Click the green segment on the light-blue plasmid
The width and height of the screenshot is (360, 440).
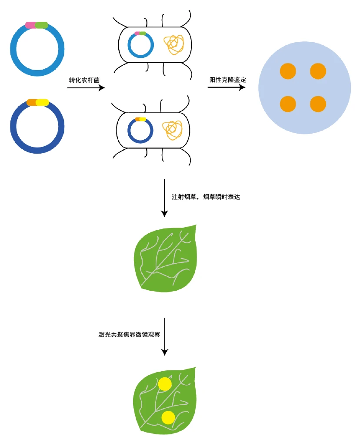pyautogui.click(x=42, y=25)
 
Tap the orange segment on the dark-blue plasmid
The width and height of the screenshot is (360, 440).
pyautogui.click(x=31, y=103)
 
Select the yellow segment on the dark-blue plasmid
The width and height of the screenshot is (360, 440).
pyautogui.click(x=43, y=103)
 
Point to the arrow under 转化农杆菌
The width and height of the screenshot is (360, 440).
pyautogui.click(x=86, y=88)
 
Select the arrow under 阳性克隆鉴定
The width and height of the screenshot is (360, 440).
pyautogui.click(x=227, y=87)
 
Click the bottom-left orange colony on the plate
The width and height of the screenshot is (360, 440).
pyautogui.click(x=288, y=104)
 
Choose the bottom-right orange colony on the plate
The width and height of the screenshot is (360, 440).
pyautogui.click(x=318, y=104)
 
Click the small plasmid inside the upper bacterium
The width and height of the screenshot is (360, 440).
pyautogui.click(x=140, y=44)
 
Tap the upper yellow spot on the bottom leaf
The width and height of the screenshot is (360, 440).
pyautogui.click(x=165, y=384)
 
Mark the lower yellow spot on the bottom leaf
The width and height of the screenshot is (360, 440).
pyautogui.click(x=168, y=417)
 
